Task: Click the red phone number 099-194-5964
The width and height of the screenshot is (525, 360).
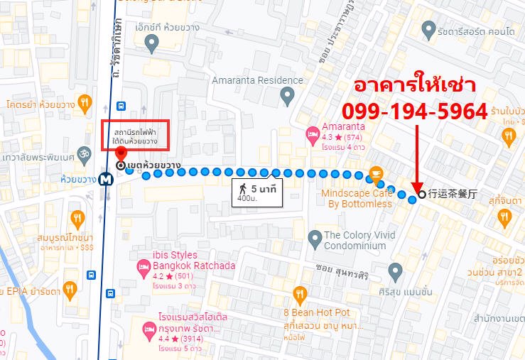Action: point(415,111)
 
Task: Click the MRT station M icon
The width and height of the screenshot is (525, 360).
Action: point(106,179)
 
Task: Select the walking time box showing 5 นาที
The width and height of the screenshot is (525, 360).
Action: point(256,192)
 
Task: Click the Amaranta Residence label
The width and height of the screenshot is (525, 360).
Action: point(257,80)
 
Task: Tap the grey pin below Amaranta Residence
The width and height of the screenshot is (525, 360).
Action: point(287,95)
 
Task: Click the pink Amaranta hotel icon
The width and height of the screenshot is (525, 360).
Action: point(311,133)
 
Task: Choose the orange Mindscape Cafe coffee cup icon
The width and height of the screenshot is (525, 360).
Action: point(375,173)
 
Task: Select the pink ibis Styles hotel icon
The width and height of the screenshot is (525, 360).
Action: point(141,267)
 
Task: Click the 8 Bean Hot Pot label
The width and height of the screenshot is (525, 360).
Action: point(316,312)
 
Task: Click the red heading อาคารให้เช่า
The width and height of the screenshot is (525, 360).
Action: point(416,86)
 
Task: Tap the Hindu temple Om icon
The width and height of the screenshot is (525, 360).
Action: point(89,154)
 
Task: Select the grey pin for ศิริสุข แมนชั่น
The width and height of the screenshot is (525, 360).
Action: point(396,270)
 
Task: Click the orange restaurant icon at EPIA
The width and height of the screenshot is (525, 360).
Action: point(69,289)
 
